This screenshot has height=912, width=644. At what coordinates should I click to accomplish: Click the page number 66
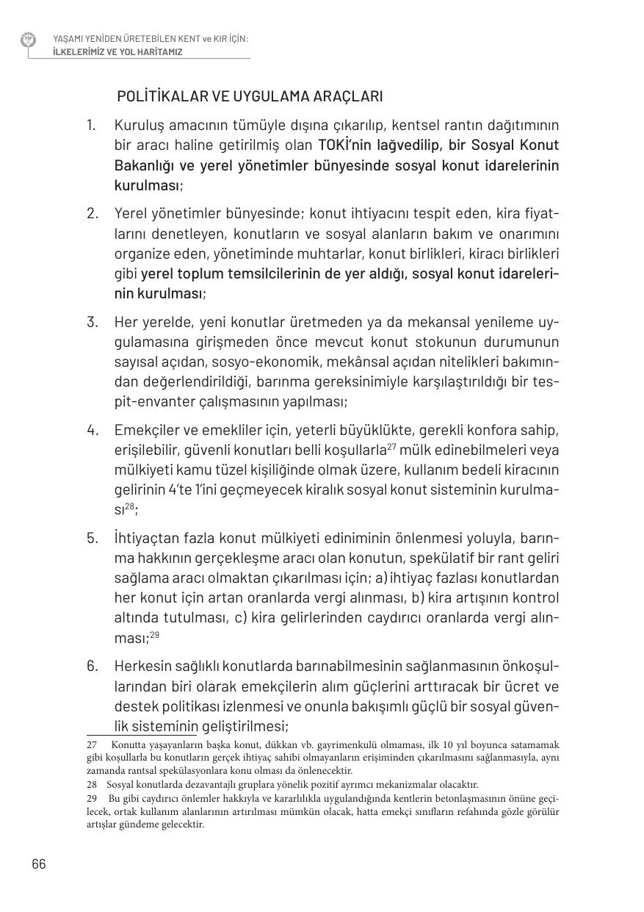[x=39, y=863]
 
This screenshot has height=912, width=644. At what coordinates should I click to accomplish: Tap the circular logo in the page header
[x=29, y=40]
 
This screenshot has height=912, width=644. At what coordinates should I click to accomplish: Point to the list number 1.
[x=91, y=125]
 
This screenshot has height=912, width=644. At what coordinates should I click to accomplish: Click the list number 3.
[x=92, y=322]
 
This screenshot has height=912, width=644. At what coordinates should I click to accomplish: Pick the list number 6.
[x=92, y=666]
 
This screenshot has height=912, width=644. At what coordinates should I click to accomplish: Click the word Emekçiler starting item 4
[x=148, y=429]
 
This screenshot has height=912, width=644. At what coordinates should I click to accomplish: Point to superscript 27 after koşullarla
[x=391, y=446]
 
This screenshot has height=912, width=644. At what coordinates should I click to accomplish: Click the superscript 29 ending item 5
[x=154, y=634]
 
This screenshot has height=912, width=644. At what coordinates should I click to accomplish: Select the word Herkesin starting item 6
[x=142, y=666]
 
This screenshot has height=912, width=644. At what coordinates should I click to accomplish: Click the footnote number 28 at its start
[x=92, y=785]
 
